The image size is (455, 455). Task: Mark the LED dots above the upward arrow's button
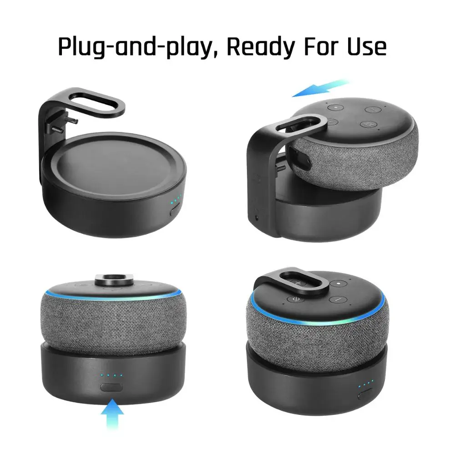tap(111, 375)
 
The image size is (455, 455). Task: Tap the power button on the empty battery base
tap(175, 210)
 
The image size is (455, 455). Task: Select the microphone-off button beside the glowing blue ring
tap(294, 299)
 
